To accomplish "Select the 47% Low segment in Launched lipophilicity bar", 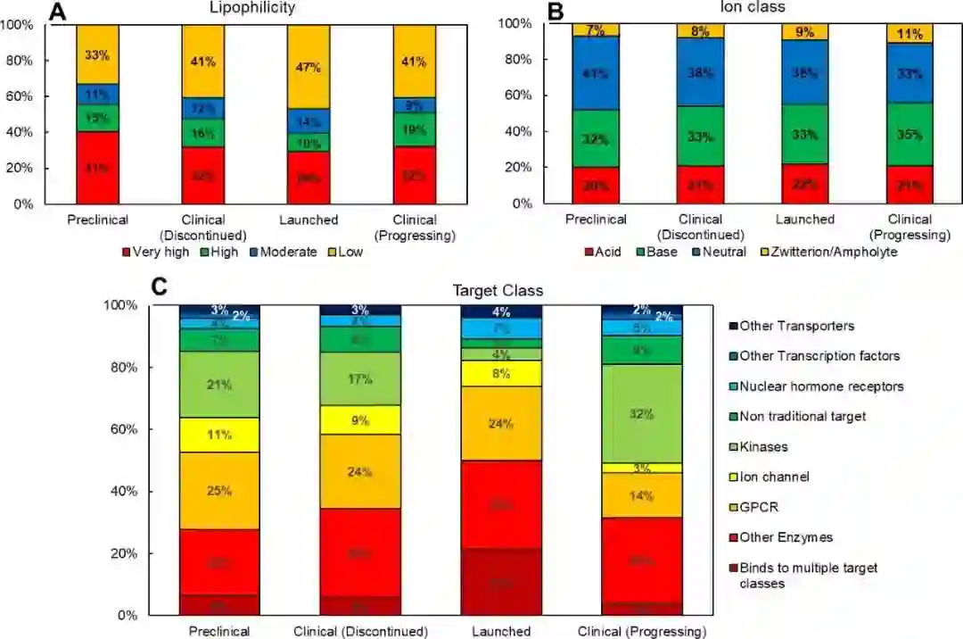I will [x=309, y=67].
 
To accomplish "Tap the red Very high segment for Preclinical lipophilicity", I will [x=97, y=167].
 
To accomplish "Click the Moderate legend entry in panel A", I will [x=282, y=252].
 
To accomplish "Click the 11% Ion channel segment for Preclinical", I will [x=218, y=436].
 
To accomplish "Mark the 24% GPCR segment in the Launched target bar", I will [x=500, y=423].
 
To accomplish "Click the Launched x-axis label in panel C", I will [x=500, y=632].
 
